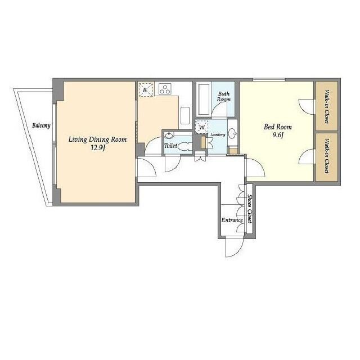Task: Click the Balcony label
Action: click(x=41, y=125)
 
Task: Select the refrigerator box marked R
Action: click(x=146, y=89)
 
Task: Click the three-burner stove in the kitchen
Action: click(x=165, y=88)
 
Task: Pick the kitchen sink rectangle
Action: click(x=185, y=116)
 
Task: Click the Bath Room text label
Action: click(x=224, y=97)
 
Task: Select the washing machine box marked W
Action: click(x=201, y=128)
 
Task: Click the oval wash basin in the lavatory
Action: click(x=233, y=134)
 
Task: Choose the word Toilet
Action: click(x=170, y=146)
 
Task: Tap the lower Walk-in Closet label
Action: click(x=327, y=157)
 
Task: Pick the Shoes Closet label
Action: click(x=250, y=209)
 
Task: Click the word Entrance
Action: click(x=232, y=220)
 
